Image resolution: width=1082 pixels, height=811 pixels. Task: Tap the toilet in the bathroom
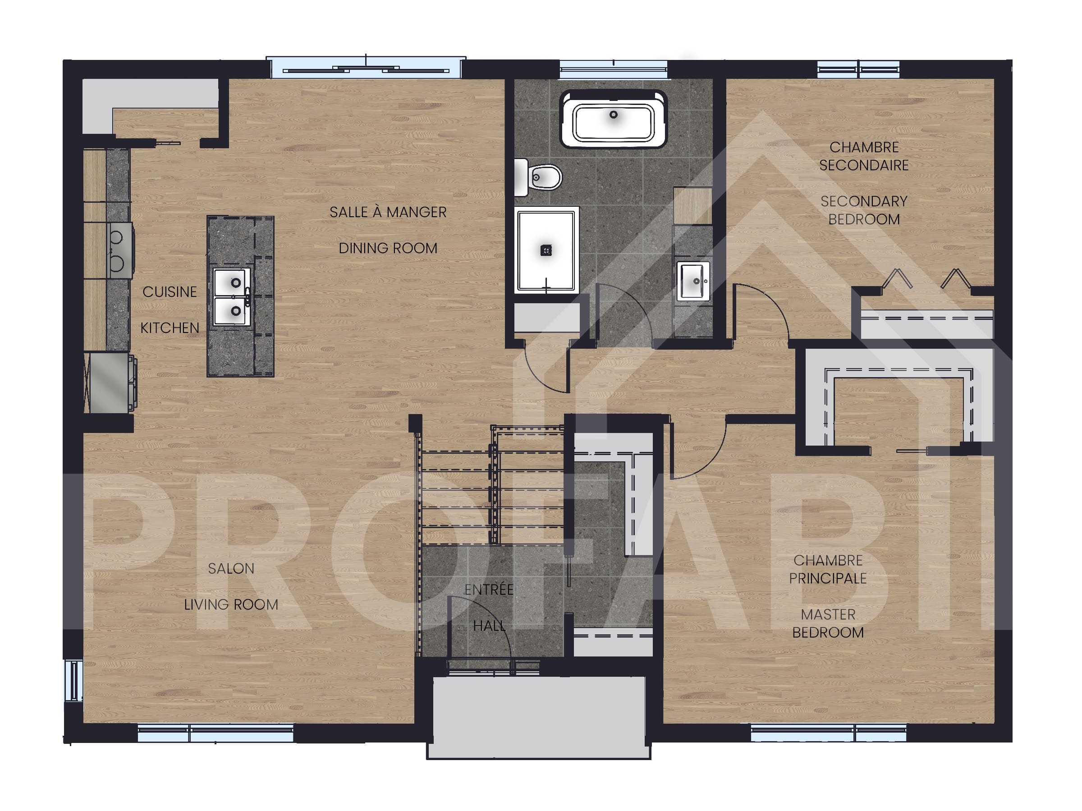[x=541, y=177]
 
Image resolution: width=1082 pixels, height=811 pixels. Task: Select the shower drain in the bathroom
[x=546, y=251]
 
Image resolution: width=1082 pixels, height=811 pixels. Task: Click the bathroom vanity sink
[x=693, y=281]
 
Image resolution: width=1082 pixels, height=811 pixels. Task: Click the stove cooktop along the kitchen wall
[x=119, y=251]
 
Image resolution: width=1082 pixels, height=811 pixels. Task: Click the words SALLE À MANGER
[x=387, y=212]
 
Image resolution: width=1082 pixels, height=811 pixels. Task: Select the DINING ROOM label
[x=387, y=248]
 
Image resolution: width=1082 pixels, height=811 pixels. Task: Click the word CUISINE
[x=169, y=292]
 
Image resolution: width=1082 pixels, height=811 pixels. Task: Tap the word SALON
[x=231, y=569]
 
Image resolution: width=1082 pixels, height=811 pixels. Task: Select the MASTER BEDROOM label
[x=828, y=623]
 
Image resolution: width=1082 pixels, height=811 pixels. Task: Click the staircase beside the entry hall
[x=489, y=489]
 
